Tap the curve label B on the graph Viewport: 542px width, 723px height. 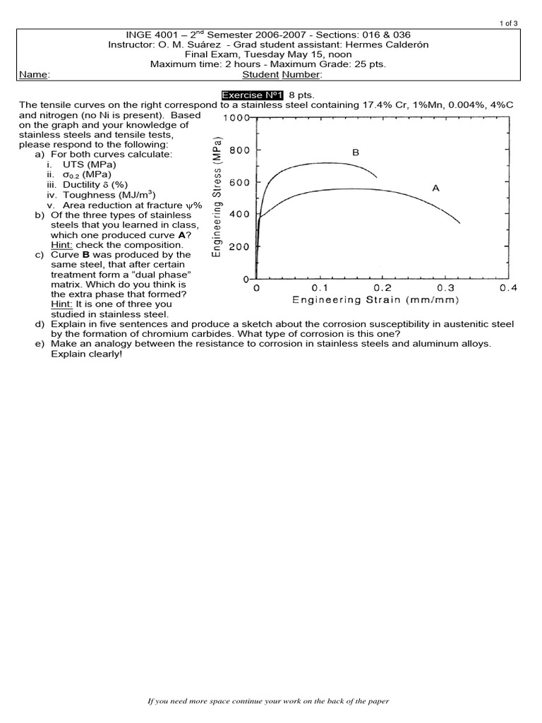pos(356,152)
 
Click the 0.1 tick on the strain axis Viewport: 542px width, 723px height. pos(320,288)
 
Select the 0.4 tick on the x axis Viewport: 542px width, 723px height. pos(507,288)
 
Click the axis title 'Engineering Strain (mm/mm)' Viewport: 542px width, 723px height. pos(376,300)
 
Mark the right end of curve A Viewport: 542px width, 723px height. pos(459,223)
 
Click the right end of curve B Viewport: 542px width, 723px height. pos(376,177)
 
